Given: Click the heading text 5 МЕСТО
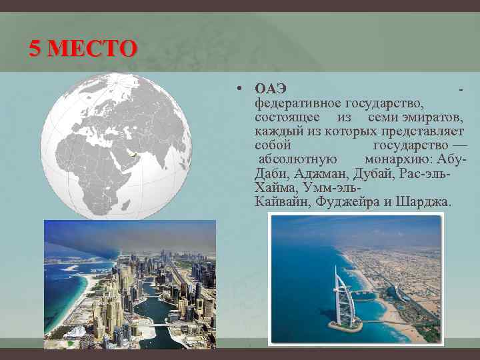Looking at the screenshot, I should (83, 49).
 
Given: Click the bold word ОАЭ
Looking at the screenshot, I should (270, 89).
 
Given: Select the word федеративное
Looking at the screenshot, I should (297, 103).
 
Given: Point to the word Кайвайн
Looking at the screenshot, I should (282, 201).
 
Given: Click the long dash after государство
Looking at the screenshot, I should (460, 145).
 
